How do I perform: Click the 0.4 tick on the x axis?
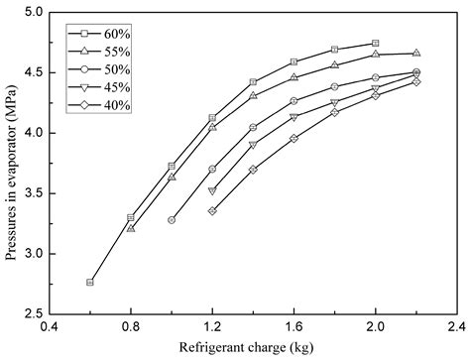tap(49, 326)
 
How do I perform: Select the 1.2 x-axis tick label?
tap(212, 326)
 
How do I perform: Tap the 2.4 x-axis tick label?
tap(456, 326)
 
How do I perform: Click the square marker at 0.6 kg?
tap(90, 282)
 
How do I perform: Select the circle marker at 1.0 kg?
tap(172, 220)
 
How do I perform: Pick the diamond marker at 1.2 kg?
tap(212, 210)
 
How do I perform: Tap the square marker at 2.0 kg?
tap(375, 44)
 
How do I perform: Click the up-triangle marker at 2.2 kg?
tap(415, 53)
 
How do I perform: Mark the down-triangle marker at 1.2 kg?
tap(212, 190)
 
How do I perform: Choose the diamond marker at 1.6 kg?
tap(294, 138)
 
